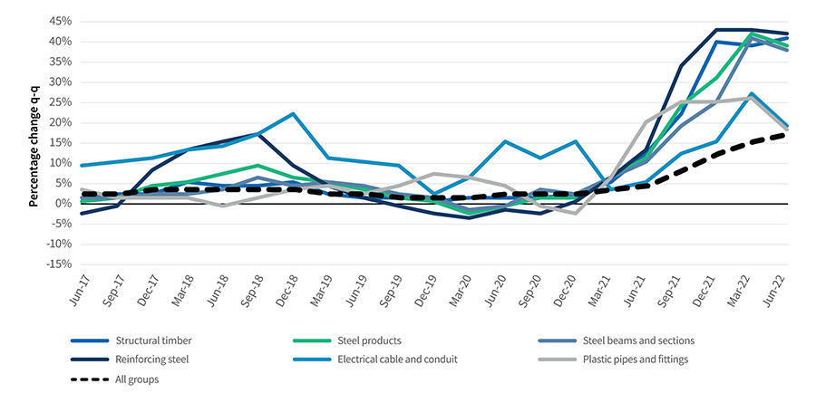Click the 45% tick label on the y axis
(61, 21)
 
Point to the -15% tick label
(59, 264)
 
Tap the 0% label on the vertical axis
(64, 203)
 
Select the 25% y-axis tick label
(61, 101)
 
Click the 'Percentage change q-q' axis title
(34, 142)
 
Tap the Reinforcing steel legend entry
(153, 360)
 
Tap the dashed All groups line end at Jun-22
(785, 134)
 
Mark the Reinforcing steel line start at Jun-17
(82, 213)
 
